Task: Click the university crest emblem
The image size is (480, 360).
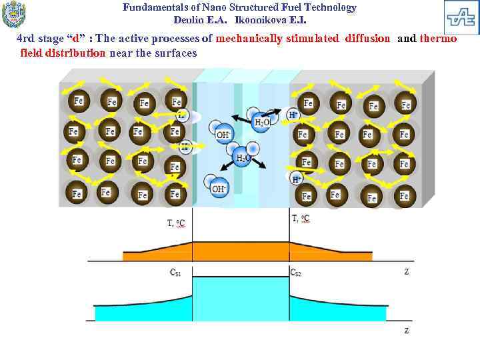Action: tap(14, 15)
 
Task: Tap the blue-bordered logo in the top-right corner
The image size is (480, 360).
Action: tap(461, 17)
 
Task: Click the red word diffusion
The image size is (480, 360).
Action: tap(367, 39)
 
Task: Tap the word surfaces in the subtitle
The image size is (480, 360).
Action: tap(178, 53)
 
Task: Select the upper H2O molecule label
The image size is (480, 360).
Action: tap(262, 122)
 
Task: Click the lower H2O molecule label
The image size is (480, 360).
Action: tap(243, 158)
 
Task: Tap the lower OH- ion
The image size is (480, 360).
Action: tap(218, 189)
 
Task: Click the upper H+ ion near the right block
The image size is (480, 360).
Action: tap(293, 115)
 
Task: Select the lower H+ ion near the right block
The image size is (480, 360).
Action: tap(296, 179)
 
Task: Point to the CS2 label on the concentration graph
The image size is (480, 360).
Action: tap(296, 272)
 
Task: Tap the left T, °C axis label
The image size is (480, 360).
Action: tap(177, 223)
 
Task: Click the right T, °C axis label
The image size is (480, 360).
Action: tap(301, 218)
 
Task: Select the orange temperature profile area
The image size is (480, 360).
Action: tap(240, 251)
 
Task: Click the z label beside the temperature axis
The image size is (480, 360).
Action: tap(407, 271)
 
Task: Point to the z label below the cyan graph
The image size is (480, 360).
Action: tap(407, 330)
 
